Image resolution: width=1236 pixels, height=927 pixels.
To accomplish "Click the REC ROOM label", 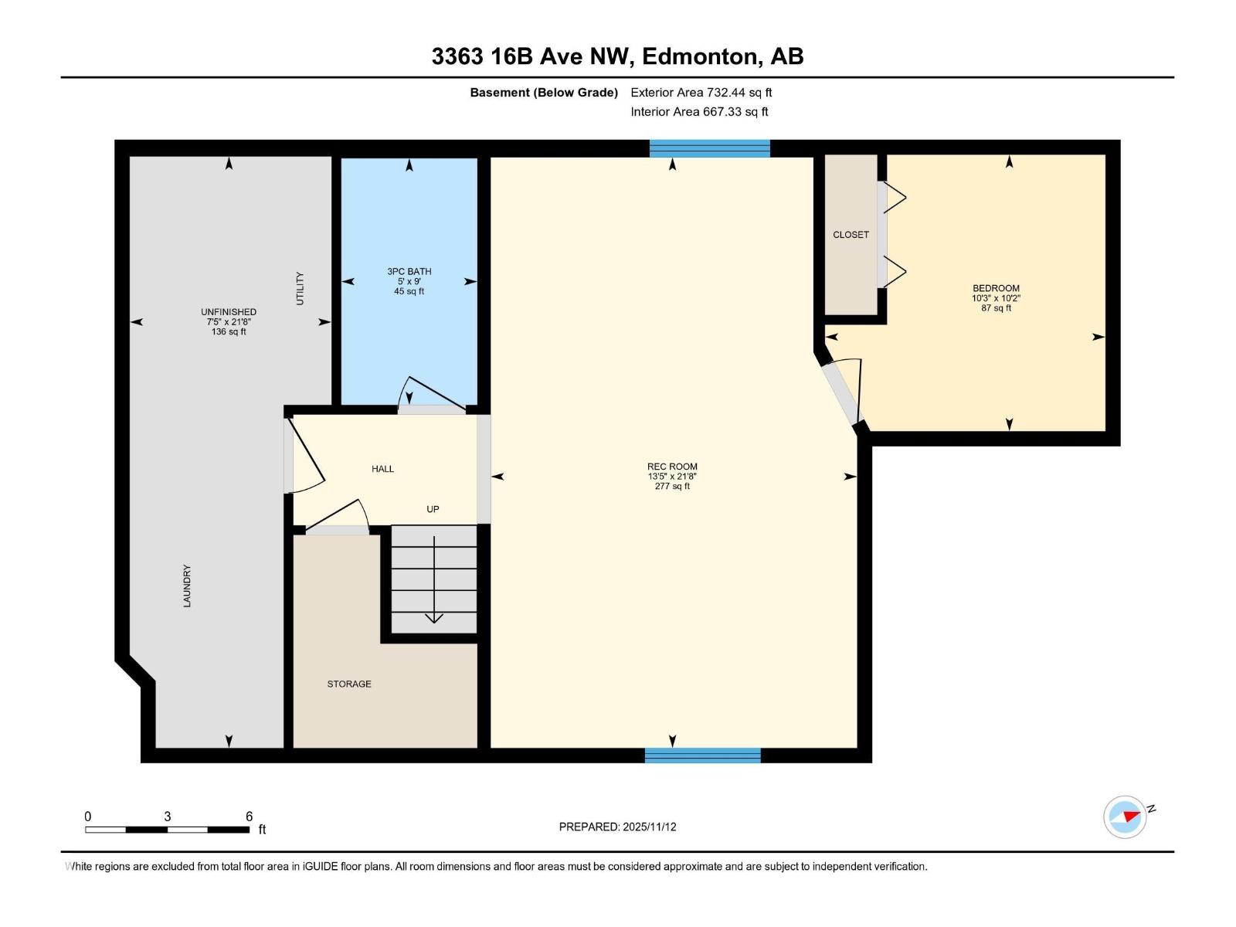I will point(672,467).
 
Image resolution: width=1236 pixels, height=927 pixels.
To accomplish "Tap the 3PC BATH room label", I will point(409,271).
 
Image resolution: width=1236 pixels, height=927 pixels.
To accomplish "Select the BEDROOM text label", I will point(996,288).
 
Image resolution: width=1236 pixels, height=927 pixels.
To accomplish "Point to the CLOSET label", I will point(851,235).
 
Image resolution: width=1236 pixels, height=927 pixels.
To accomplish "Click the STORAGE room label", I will point(349,684).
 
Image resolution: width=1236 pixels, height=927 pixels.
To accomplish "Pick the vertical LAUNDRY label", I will point(187,586).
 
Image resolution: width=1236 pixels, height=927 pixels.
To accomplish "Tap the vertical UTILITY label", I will point(301,288).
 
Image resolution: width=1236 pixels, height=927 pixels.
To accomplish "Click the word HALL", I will point(382,469).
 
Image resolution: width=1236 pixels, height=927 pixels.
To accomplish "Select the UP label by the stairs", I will point(433,509).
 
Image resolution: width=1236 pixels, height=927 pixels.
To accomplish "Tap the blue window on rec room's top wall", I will point(709,148).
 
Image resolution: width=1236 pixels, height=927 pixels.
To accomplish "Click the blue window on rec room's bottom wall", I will point(702,756).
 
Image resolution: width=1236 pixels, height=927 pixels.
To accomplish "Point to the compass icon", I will point(1125,817).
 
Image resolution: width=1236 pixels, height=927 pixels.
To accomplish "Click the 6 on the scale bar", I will point(249,817).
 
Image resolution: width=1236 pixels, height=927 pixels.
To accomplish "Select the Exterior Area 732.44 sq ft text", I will point(701,93).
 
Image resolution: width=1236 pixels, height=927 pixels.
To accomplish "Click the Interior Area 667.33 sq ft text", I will point(699,112).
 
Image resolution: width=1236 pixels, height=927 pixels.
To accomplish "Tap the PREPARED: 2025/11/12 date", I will point(617,827).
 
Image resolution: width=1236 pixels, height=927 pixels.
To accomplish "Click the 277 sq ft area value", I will point(672,487).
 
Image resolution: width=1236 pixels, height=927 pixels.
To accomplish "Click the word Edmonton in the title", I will point(699,56).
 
